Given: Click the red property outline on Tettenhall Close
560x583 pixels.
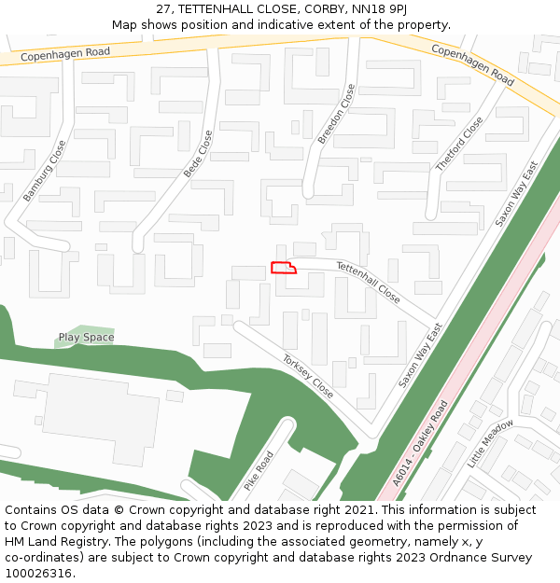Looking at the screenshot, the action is point(283,268).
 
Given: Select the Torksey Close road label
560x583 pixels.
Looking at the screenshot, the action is point(308,375).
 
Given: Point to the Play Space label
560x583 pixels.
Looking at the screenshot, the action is point(86,338).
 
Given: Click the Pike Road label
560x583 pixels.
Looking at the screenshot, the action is point(259,471).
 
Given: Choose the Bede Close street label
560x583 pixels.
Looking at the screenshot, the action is point(198,154).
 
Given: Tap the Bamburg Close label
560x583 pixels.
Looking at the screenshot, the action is point(45,171).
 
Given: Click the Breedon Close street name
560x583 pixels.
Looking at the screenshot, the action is point(336,114).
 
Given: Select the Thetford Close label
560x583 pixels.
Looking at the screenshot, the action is point(459,144).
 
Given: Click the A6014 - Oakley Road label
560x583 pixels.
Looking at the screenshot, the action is point(421,443).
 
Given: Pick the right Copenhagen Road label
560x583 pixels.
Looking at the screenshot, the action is point(472,63).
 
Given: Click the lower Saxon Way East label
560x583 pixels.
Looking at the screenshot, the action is point(420,357).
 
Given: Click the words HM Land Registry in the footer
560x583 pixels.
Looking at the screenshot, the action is point(51,541).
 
